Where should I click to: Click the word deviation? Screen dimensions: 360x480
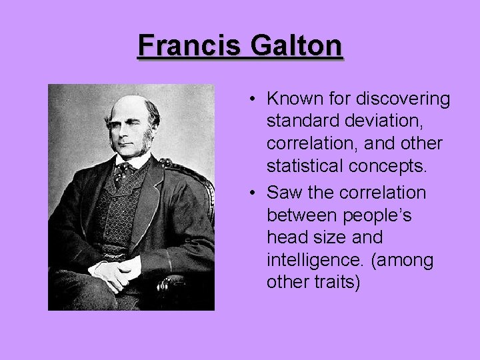coord(384,122)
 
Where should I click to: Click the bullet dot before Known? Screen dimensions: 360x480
coord(254,100)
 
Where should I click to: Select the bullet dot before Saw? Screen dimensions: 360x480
coord(254,193)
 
